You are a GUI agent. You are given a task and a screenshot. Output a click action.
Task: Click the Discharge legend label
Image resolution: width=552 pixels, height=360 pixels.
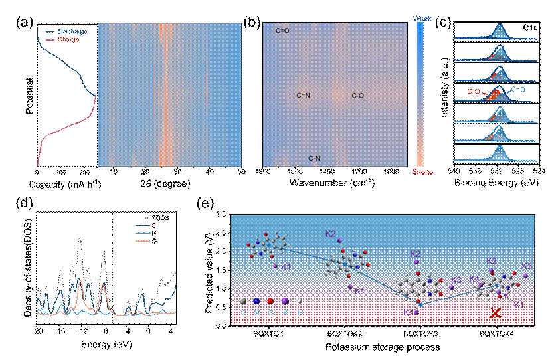[x=72, y=31]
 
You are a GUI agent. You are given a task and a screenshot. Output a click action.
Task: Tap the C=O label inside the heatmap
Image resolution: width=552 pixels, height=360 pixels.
[x=283, y=31]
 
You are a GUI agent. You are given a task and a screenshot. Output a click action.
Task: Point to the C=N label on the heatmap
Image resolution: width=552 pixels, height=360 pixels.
[x=303, y=96]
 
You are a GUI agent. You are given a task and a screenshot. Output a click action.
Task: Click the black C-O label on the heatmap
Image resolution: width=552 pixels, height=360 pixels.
[x=357, y=96]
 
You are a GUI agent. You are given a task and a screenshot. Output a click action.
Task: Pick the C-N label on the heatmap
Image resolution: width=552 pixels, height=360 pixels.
[x=315, y=158]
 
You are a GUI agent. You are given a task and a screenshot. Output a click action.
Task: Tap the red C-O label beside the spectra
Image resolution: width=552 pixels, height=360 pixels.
[x=474, y=91]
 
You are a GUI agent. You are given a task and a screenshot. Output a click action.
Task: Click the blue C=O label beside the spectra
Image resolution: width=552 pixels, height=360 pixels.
[x=518, y=89]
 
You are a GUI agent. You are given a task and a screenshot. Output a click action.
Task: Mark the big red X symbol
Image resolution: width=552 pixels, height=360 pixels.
[x=495, y=312]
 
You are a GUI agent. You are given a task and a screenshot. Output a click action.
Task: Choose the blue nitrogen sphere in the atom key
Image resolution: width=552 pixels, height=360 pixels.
[x=256, y=301]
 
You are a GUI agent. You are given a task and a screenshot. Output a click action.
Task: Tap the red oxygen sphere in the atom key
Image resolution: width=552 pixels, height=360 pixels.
[x=271, y=301]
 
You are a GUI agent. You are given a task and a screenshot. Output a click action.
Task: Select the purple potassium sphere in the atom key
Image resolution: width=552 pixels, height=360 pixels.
[x=286, y=301]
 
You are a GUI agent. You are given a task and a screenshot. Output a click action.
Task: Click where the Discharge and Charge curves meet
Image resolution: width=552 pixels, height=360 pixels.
[x=96, y=96]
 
